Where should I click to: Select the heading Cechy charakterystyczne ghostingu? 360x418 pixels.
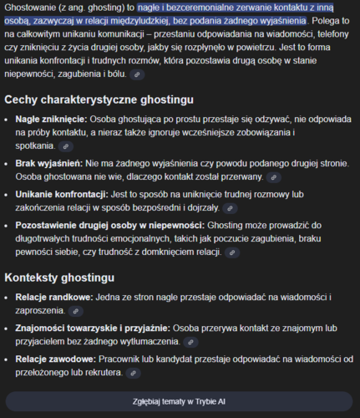(99, 99)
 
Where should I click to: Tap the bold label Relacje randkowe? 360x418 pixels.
(55, 297)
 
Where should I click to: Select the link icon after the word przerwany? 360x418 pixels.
(273, 177)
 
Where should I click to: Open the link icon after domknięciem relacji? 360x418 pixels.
(233, 252)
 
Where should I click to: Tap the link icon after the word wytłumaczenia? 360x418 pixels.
(191, 341)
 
